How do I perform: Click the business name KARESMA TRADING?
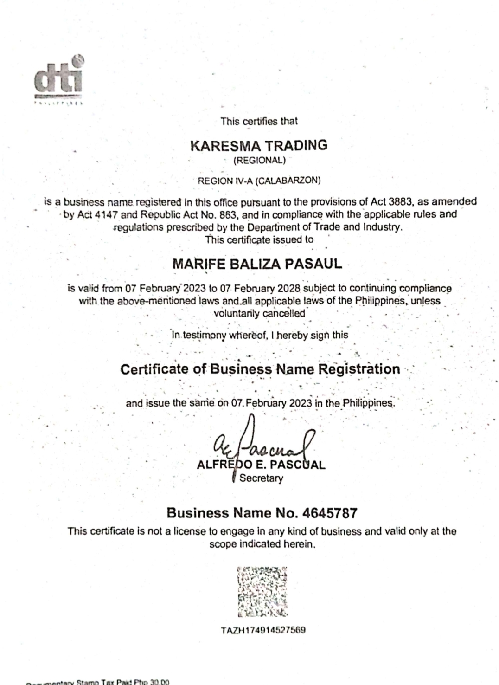coord(259,145)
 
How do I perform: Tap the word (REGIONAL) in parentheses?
coord(259,161)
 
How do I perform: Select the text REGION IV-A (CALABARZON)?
coord(259,181)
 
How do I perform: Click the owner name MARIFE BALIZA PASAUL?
coord(257,264)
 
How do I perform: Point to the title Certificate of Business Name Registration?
coord(260,369)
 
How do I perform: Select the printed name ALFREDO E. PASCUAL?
coord(261,465)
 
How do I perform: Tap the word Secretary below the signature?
coord(261,478)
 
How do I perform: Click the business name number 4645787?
coord(329,513)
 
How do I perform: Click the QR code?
coord(262,592)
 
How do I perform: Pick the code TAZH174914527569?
coord(262,630)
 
